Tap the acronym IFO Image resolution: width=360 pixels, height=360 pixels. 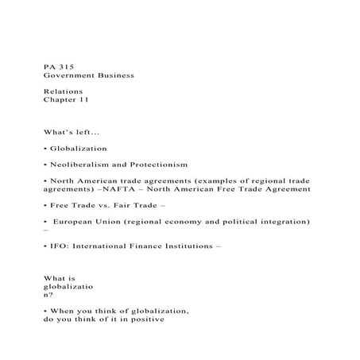pyautogui.click(x=59, y=246)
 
